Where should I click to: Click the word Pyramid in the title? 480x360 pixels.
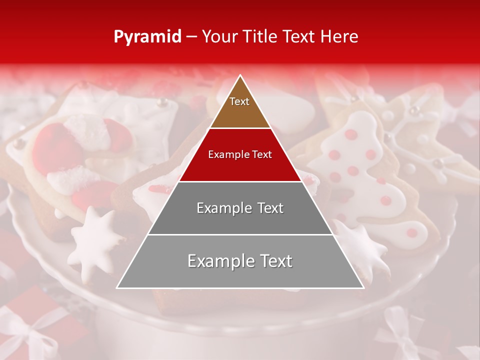147,36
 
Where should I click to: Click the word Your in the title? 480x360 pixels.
218,36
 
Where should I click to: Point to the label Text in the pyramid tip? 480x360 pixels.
239,101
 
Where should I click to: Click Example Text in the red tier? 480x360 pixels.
240,154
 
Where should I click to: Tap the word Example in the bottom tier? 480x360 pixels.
219,261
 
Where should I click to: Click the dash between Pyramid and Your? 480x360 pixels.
191,36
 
